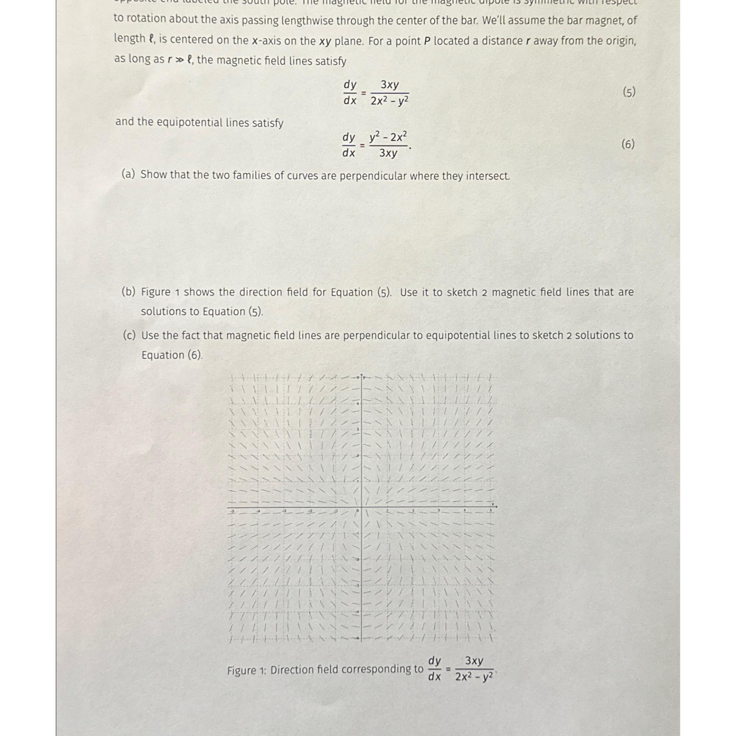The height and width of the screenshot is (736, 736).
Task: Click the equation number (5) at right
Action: pyautogui.click(x=629, y=92)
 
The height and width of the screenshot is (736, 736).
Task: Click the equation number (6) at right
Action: pyautogui.click(x=628, y=144)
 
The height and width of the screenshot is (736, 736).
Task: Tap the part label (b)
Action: pyautogui.click(x=129, y=292)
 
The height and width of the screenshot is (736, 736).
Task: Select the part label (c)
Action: pyautogui.click(x=129, y=335)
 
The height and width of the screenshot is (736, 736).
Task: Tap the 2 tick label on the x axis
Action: pyautogui.click(x=413, y=510)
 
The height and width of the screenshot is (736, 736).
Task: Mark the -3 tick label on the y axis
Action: pyautogui.click(x=358, y=585)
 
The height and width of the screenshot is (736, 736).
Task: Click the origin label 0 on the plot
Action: pyautogui.click(x=357, y=510)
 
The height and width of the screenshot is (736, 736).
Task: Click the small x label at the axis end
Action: pyautogui.click(x=492, y=503)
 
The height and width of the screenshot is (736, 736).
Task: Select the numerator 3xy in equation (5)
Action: pyautogui.click(x=389, y=84)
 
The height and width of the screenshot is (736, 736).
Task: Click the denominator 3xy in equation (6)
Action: pyautogui.click(x=388, y=153)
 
